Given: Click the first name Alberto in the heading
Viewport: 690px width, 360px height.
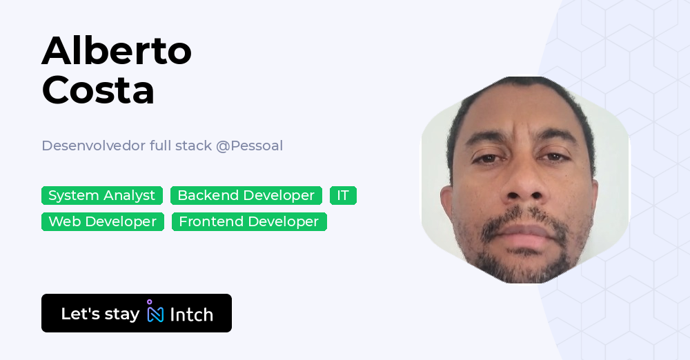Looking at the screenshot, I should pyautogui.click(x=117, y=50).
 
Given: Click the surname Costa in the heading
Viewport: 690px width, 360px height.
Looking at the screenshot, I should pyautogui.click(x=98, y=90).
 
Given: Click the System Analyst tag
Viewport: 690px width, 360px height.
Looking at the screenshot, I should pyautogui.click(x=102, y=195).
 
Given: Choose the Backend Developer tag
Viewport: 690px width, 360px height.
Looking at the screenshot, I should pyautogui.click(x=246, y=195).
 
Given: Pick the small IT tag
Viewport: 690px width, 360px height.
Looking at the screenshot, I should pyautogui.click(x=343, y=195).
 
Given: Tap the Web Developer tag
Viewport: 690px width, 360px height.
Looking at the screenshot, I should pyautogui.click(x=103, y=221).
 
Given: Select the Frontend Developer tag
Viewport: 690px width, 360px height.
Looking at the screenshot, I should pyautogui.click(x=249, y=221).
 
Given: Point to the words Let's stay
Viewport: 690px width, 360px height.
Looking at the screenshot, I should pyautogui.click(x=100, y=314).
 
